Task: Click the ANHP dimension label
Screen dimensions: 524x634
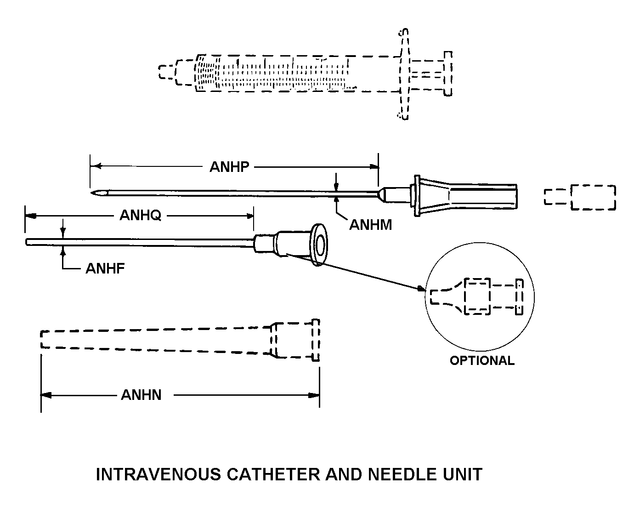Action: click(229, 166)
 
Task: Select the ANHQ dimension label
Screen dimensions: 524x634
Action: click(140, 215)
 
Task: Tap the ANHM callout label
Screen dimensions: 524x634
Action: click(370, 225)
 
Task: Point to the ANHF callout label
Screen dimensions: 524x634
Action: click(105, 268)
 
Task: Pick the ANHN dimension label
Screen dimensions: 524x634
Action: click(141, 395)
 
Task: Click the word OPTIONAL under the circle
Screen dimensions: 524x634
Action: click(482, 360)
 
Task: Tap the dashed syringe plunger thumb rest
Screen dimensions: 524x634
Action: click(447, 74)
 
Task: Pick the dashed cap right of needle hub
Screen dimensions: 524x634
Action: click(580, 197)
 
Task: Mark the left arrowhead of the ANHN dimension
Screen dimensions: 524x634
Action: click(45, 395)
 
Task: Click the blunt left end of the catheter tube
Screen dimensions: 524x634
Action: click(28, 242)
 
